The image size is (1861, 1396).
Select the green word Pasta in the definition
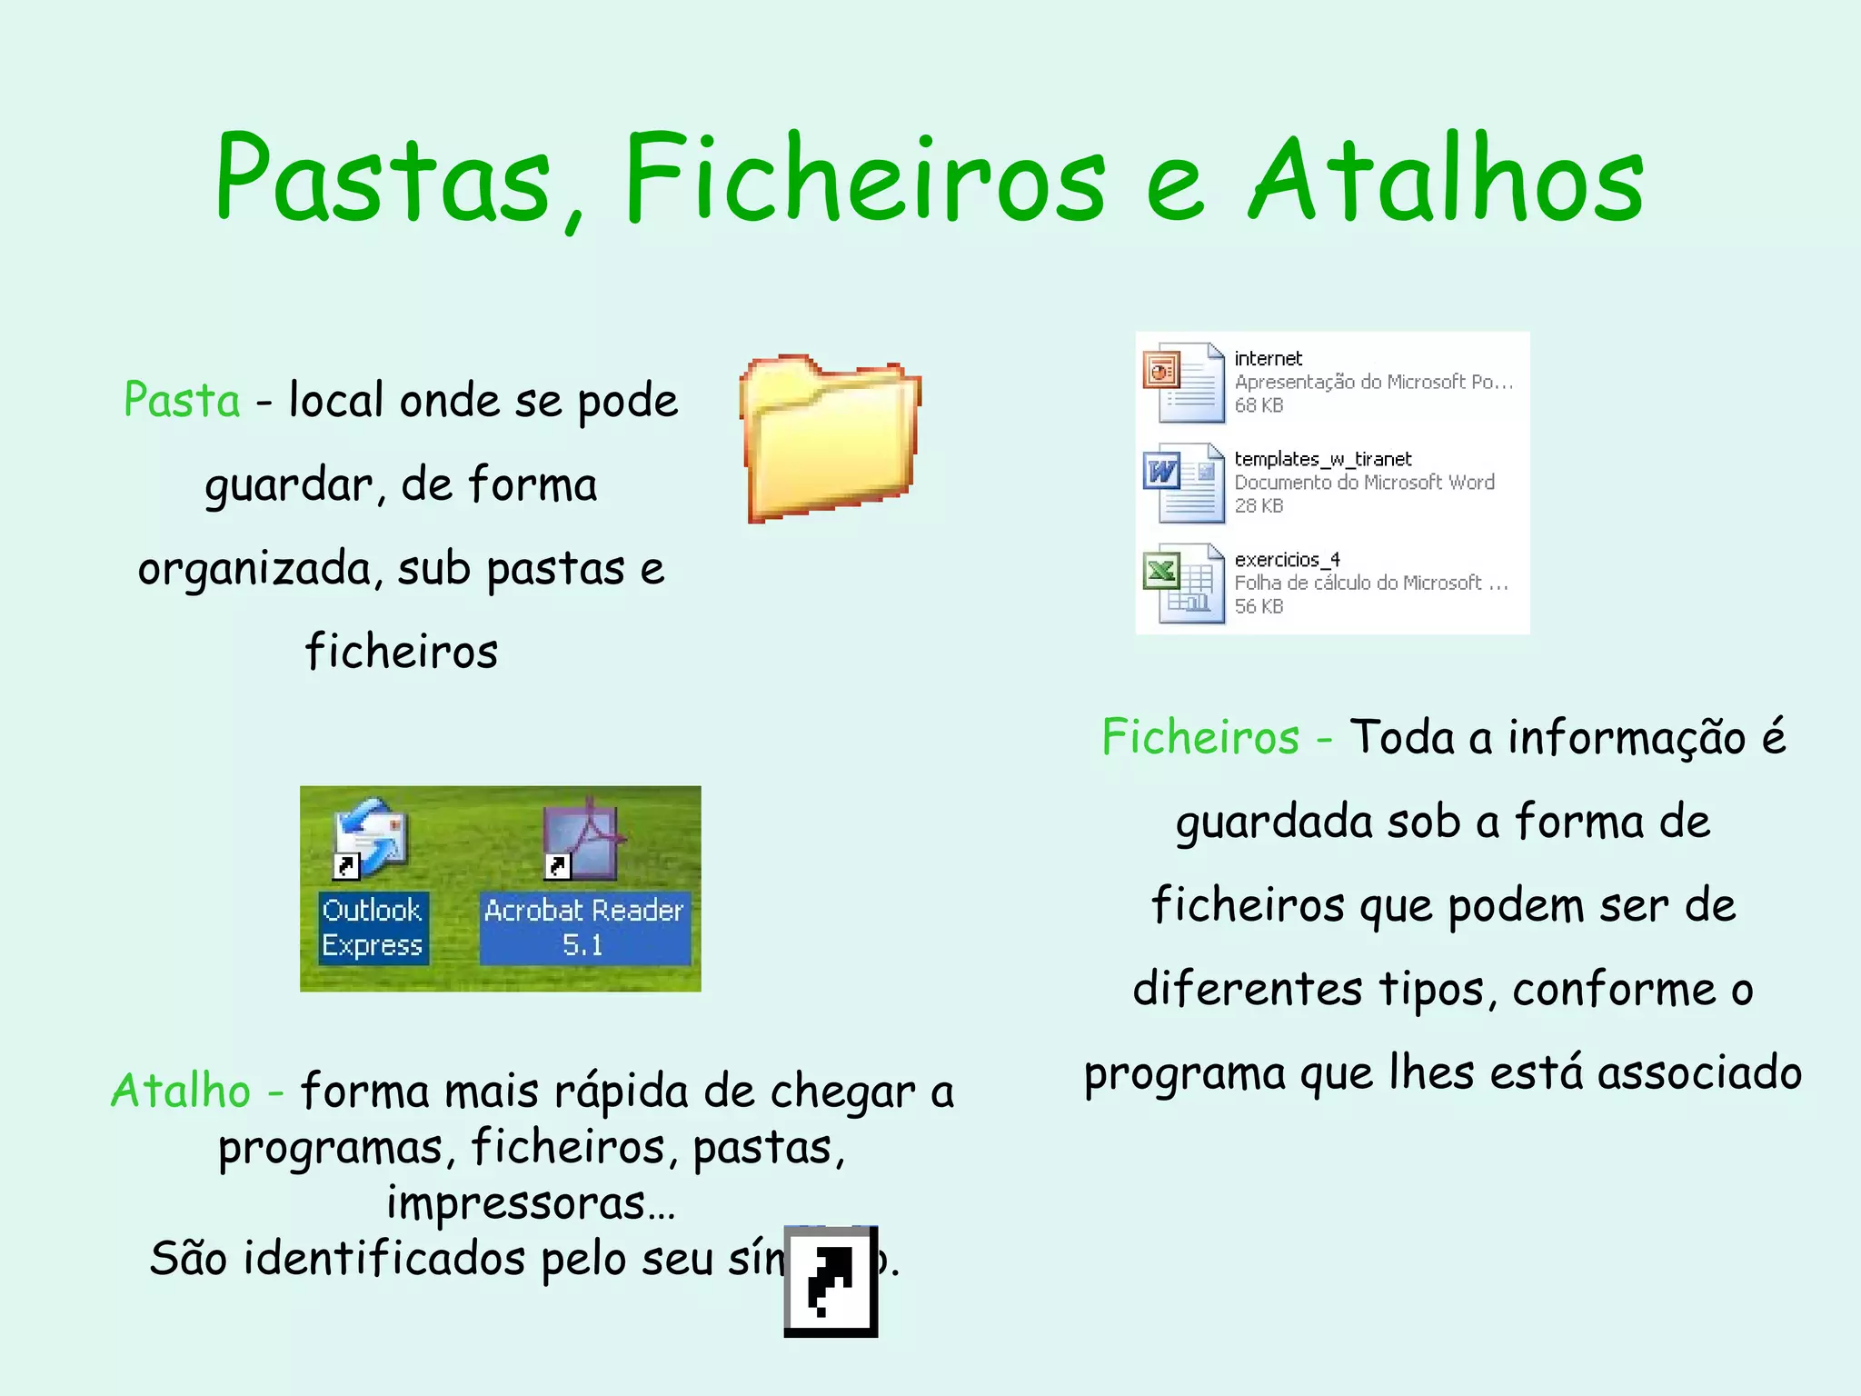pos(182,400)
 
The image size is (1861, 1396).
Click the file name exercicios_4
pos(1287,559)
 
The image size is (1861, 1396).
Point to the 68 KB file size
pos(1259,405)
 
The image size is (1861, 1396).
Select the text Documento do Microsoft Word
pos(1363,483)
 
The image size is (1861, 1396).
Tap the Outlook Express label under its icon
pos(372,928)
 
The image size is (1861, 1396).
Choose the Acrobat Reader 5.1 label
pos(583,928)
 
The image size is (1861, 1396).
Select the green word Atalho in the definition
pos(181,1091)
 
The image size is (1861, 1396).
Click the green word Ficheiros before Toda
pos(1200,736)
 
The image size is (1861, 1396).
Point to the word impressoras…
pos(531,1202)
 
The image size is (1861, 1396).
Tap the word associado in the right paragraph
pos(1699,1072)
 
